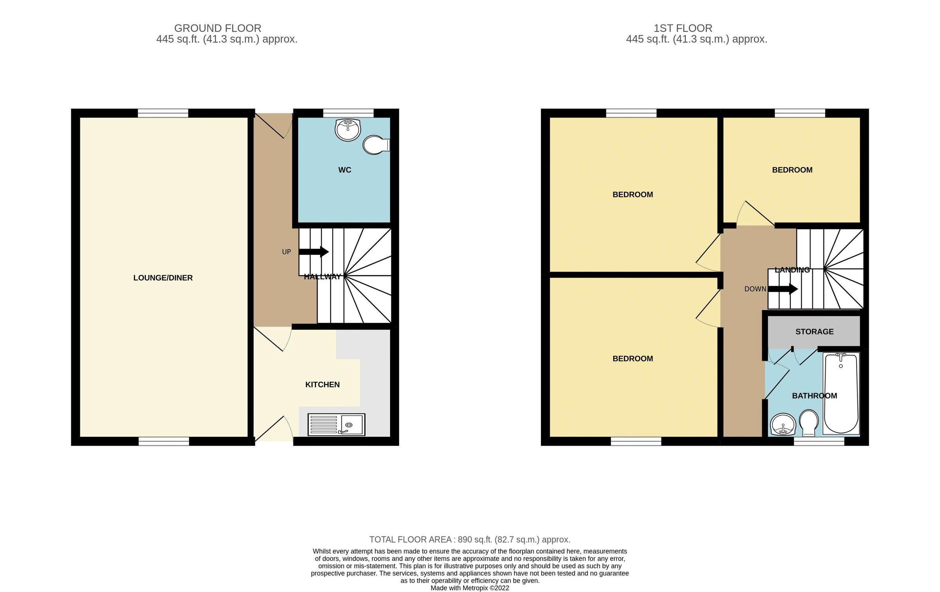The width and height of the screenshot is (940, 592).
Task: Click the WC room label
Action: point(345,170)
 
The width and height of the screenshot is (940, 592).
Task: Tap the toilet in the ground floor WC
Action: point(375,145)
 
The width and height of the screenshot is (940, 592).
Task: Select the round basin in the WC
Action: point(347,130)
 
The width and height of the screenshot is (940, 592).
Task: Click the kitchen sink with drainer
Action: point(336,425)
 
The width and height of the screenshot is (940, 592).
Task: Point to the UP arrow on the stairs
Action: point(314,252)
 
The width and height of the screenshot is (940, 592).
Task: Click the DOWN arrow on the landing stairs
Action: point(783,289)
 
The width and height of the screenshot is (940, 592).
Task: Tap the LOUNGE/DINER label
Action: point(163,278)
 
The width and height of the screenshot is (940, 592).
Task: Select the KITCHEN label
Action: point(322,385)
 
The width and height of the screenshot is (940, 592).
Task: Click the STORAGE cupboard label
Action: point(814,332)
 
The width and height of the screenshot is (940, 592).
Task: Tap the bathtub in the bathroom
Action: point(841,393)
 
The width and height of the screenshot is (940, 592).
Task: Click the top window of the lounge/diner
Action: point(163,113)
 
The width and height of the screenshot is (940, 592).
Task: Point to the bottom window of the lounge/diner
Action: point(164,441)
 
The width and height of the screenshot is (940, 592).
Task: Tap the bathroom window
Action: point(819,441)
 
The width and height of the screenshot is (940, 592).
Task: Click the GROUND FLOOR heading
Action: point(218,28)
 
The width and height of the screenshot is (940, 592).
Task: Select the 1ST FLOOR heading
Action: point(683,28)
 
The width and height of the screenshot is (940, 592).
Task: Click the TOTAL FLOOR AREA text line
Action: point(470,539)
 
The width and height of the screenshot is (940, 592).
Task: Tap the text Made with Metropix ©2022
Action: point(470,588)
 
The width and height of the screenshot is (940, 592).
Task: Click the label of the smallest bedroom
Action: point(792,170)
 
